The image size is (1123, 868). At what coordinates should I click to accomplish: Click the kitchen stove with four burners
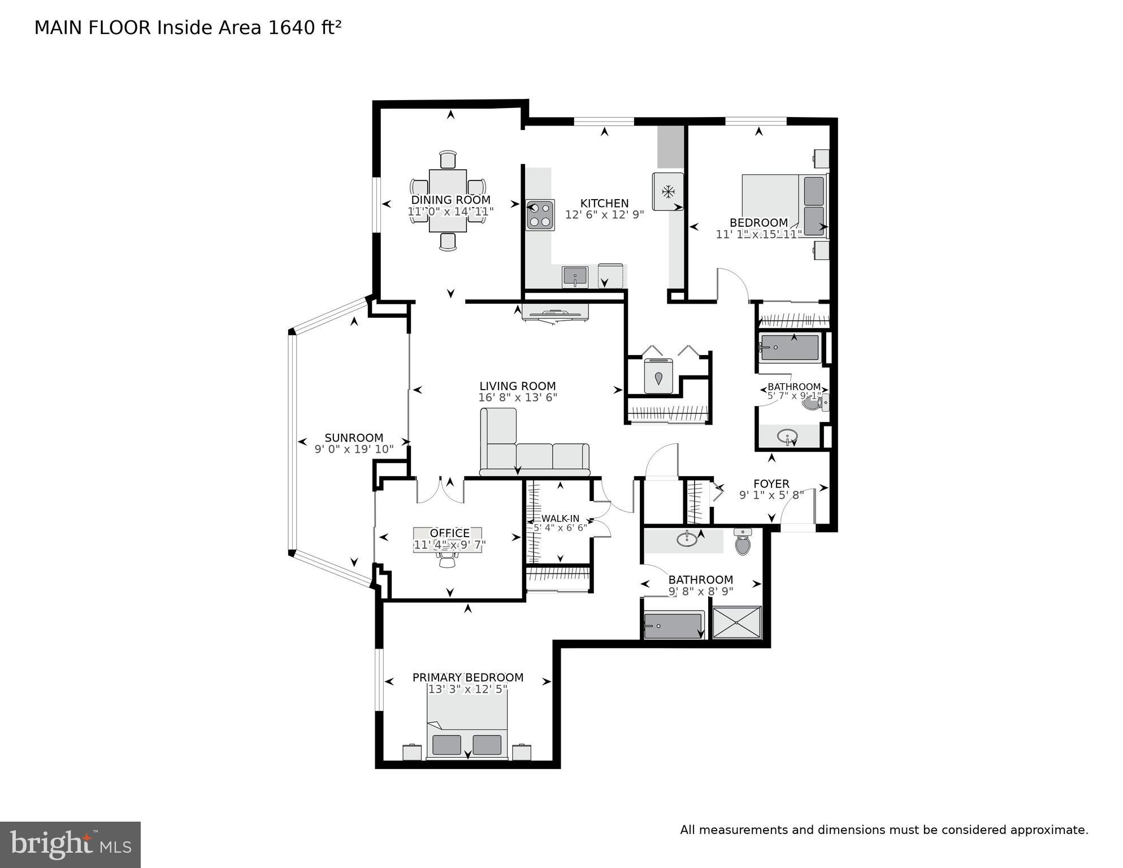coord(540,215)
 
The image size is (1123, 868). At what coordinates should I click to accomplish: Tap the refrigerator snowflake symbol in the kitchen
coord(668,192)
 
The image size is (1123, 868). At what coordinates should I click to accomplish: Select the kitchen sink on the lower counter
coord(575,277)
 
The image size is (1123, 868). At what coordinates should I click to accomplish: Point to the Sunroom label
coord(354,438)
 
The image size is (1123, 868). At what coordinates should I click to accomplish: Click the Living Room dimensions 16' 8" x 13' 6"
coord(518,398)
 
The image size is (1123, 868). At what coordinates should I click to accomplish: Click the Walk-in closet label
coord(560,519)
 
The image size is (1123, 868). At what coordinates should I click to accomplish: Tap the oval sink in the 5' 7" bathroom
coord(787,437)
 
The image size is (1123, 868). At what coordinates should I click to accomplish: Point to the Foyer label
coord(771,484)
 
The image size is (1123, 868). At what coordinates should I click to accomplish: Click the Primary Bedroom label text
coord(467,677)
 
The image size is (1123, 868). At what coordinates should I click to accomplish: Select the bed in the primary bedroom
coord(467,727)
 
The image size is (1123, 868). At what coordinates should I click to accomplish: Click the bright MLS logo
coord(70,844)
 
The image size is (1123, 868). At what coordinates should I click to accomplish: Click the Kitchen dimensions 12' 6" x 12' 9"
coord(604,215)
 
